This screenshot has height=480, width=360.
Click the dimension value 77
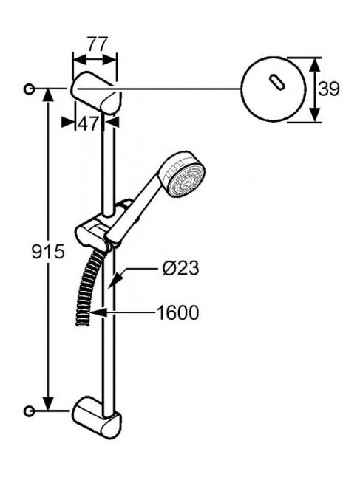pyautogui.click(x=98, y=44)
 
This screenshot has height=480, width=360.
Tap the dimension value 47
pyautogui.click(x=88, y=124)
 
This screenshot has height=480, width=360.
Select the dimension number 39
pyautogui.click(x=329, y=89)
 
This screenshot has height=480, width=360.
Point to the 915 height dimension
pyautogui.click(x=48, y=252)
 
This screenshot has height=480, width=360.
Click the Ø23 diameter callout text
pyautogui.click(x=180, y=268)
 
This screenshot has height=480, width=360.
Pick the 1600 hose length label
pyautogui.click(x=178, y=313)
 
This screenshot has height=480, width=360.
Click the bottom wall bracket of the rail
pyautogui.click(x=97, y=418)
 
